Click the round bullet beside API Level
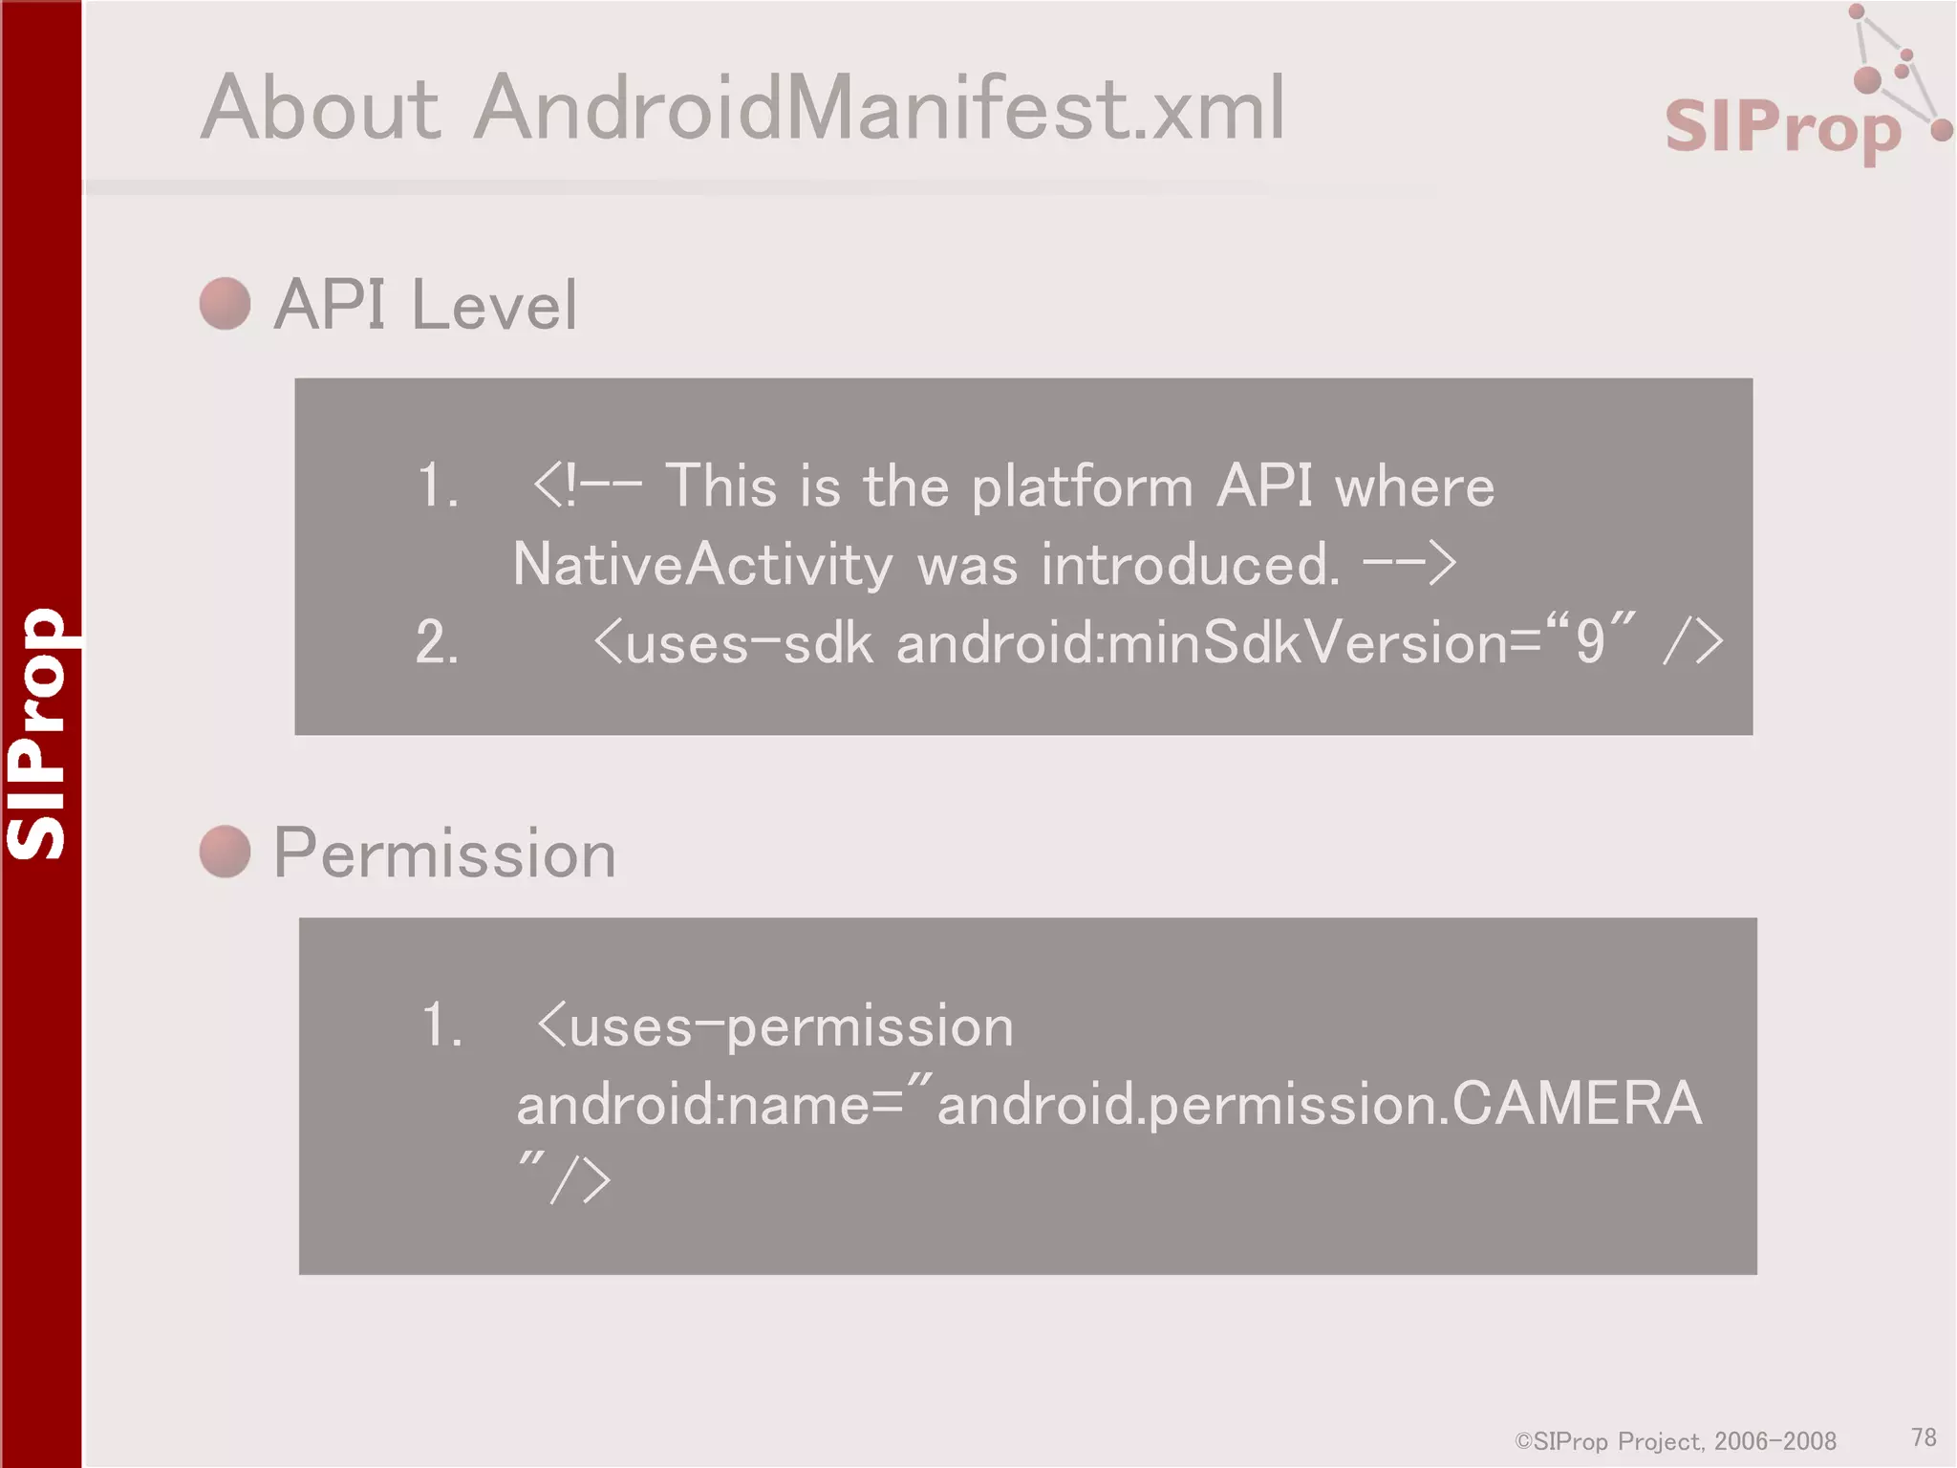226,304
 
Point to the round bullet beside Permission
226,852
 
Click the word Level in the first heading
494,306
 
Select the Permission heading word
444,853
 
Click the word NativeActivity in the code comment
702,564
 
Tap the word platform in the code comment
1082,486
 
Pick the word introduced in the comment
1190,564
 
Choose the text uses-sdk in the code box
749,642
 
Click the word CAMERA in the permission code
1577,1104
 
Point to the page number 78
1924,1437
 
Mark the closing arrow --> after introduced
1409,564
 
